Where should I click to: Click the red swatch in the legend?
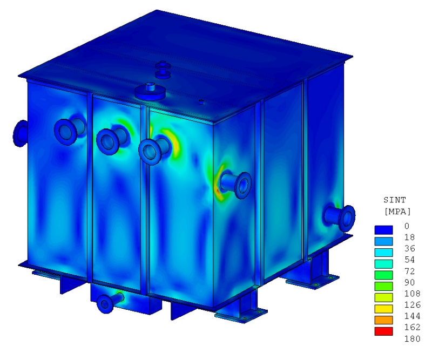coord(383,331)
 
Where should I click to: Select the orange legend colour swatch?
coord(383,320)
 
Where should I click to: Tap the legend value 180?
coord(412,338)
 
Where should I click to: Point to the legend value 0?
coord(407,226)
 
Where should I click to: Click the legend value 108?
coord(412,294)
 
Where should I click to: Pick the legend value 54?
coord(410,260)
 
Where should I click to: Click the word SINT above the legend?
coord(395,200)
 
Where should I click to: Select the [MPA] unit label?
coord(397,212)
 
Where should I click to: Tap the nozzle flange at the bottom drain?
coord(105,304)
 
